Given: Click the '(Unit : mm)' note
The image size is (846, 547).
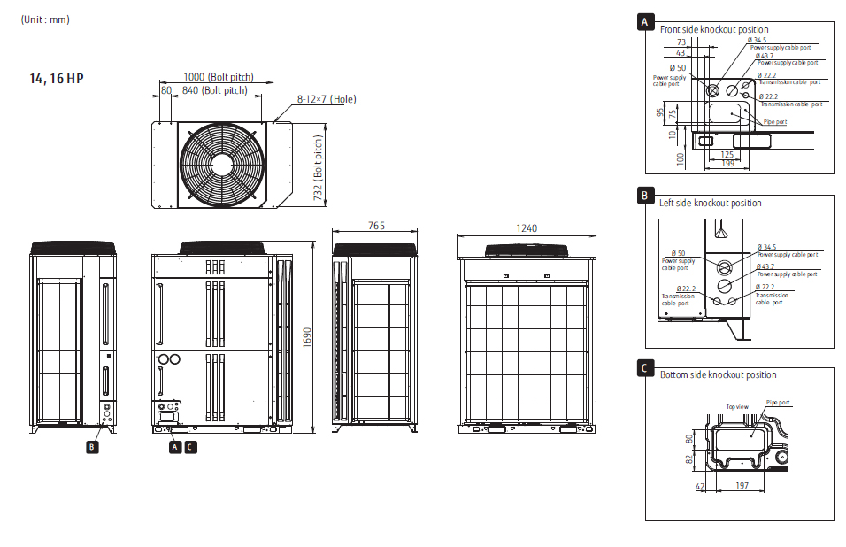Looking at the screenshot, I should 45,19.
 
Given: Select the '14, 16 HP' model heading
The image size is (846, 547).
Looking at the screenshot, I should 57,79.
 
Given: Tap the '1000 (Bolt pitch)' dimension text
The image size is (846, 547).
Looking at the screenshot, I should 218,77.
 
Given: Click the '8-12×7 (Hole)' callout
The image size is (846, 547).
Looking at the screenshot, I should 326,99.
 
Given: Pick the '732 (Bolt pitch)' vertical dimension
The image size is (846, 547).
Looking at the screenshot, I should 318,168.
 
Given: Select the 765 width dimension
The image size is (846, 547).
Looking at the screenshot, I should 376,227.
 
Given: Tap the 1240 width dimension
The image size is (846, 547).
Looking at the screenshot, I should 526,228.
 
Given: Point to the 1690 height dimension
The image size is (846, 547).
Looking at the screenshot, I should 308,337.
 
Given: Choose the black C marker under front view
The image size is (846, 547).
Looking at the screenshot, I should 191,447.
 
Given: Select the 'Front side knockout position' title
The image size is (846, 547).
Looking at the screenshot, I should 714,29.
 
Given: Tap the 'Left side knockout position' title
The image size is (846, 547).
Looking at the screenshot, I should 710,203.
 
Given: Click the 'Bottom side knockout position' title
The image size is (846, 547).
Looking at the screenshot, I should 718,375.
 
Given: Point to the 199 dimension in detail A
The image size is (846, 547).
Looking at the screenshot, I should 727,164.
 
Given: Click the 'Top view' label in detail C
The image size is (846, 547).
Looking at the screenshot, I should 737,406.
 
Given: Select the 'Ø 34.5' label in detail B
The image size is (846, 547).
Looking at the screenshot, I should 767,247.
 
